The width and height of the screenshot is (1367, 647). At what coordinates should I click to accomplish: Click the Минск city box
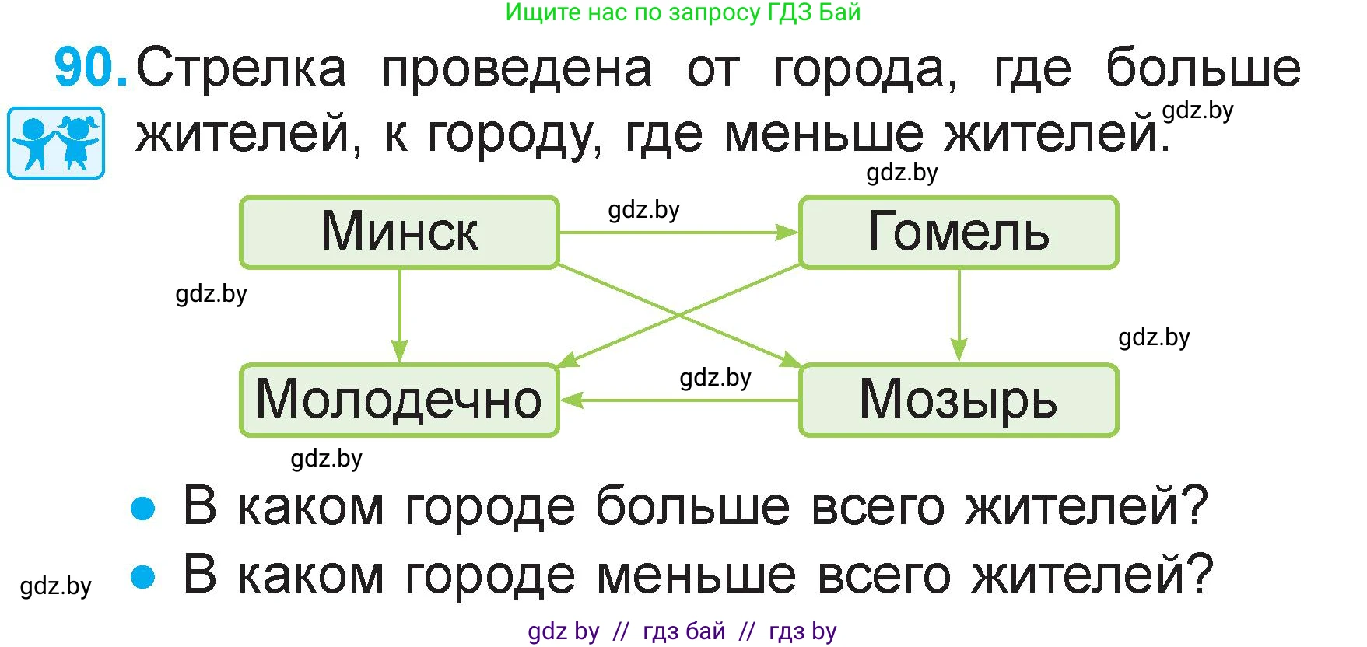(x=399, y=233)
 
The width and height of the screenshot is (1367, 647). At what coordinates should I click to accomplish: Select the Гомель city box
(x=959, y=233)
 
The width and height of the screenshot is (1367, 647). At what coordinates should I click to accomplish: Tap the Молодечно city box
(x=399, y=400)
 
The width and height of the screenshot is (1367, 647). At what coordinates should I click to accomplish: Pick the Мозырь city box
(x=959, y=400)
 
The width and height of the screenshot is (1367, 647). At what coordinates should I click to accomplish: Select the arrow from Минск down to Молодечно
(x=399, y=316)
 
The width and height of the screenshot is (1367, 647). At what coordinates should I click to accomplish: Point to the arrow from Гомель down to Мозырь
(x=959, y=316)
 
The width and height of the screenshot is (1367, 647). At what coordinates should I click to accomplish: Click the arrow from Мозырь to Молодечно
(x=679, y=400)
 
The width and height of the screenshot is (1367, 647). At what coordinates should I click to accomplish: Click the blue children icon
(x=56, y=143)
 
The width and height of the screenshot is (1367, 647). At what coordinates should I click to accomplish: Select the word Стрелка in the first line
(x=241, y=68)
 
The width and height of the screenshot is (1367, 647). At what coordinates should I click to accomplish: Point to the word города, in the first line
(x=865, y=72)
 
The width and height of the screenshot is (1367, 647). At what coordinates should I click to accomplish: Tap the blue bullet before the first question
(x=143, y=509)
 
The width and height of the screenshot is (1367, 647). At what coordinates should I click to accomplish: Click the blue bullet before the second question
(x=143, y=577)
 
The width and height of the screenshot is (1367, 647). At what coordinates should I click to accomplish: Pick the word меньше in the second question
(x=696, y=575)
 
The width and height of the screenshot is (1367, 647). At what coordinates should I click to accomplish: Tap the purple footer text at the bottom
(x=682, y=631)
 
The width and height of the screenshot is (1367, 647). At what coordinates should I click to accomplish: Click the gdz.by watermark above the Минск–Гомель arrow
(x=644, y=210)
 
